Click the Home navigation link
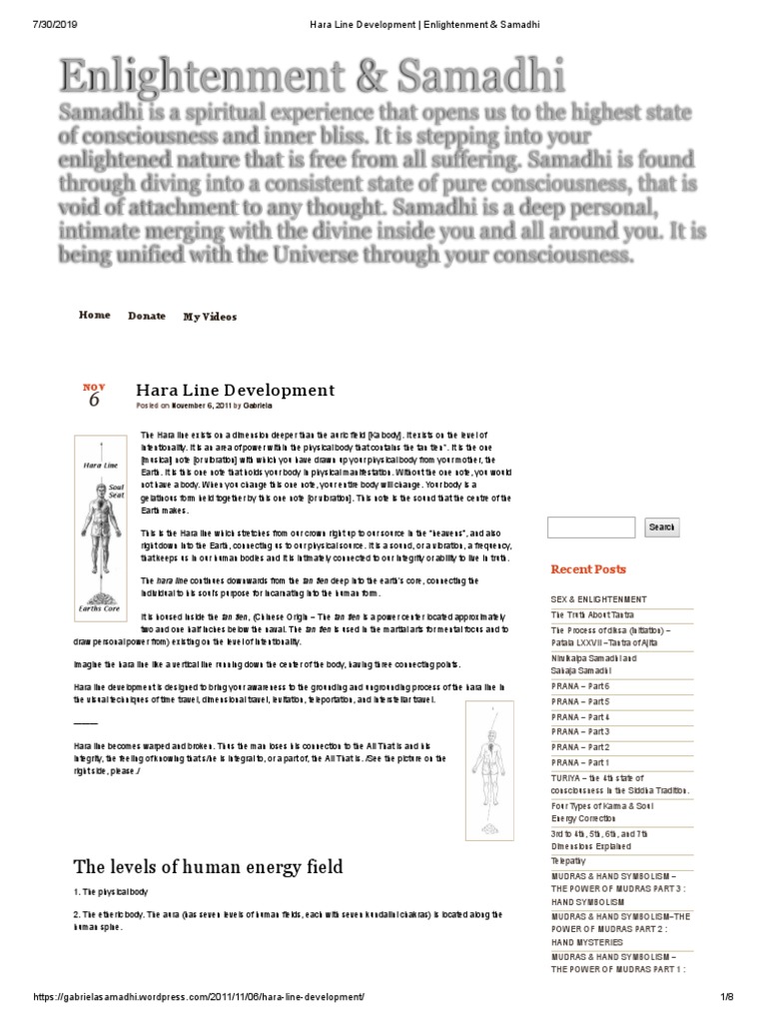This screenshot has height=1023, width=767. pyautogui.click(x=94, y=316)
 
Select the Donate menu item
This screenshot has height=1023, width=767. pyautogui.click(x=147, y=317)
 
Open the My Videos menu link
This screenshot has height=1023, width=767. pyautogui.click(x=210, y=317)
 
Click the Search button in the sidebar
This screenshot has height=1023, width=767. pyautogui.click(x=661, y=526)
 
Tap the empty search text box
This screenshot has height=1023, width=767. pyautogui.click(x=592, y=526)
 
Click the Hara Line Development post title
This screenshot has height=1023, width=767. pyautogui.click(x=235, y=391)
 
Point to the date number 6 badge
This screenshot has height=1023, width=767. pyautogui.click(x=94, y=400)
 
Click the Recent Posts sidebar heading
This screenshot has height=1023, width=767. pyautogui.click(x=588, y=569)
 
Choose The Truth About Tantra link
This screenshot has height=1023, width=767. pyautogui.click(x=592, y=615)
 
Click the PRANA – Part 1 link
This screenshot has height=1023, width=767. pyautogui.click(x=580, y=762)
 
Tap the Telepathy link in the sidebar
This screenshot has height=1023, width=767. pyautogui.click(x=570, y=859)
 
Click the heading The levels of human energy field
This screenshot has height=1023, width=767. pyautogui.click(x=208, y=865)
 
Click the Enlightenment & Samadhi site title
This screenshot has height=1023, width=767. pyautogui.click(x=311, y=78)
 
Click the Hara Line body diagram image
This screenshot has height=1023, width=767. pyautogui.click(x=104, y=525)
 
